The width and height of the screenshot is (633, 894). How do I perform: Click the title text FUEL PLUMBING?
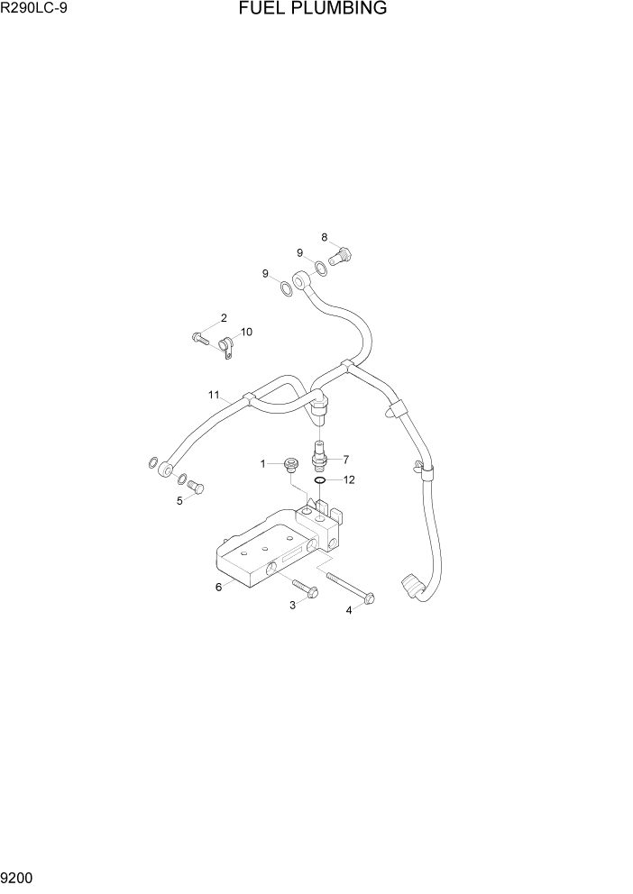[x=313, y=9]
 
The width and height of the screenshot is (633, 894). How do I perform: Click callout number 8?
[x=325, y=237]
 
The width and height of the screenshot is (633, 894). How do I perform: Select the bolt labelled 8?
[x=341, y=257]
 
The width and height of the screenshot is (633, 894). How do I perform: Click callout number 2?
[x=224, y=317]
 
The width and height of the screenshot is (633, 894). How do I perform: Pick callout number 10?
[x=245, y=332]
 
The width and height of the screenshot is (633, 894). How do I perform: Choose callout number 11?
[x=214, y=395]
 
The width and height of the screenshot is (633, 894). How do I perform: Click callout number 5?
[x=179, y=501]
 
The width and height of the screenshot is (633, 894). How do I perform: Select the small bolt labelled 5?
[x=198, y=488]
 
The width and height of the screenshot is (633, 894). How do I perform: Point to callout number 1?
[x=264, y=463]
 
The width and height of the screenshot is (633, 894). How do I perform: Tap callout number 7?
[x=345, y=459]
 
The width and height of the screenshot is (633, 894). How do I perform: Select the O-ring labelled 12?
[x=320, y=481]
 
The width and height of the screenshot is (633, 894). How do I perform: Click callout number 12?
[x=348, y=479]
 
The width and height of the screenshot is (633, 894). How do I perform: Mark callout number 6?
[x=218, y=587]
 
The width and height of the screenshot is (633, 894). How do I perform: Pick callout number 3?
[x=292, y=605]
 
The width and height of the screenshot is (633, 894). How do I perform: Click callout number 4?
[x=350, y=610]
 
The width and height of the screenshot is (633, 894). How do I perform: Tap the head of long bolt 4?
[x=370, y=598]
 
